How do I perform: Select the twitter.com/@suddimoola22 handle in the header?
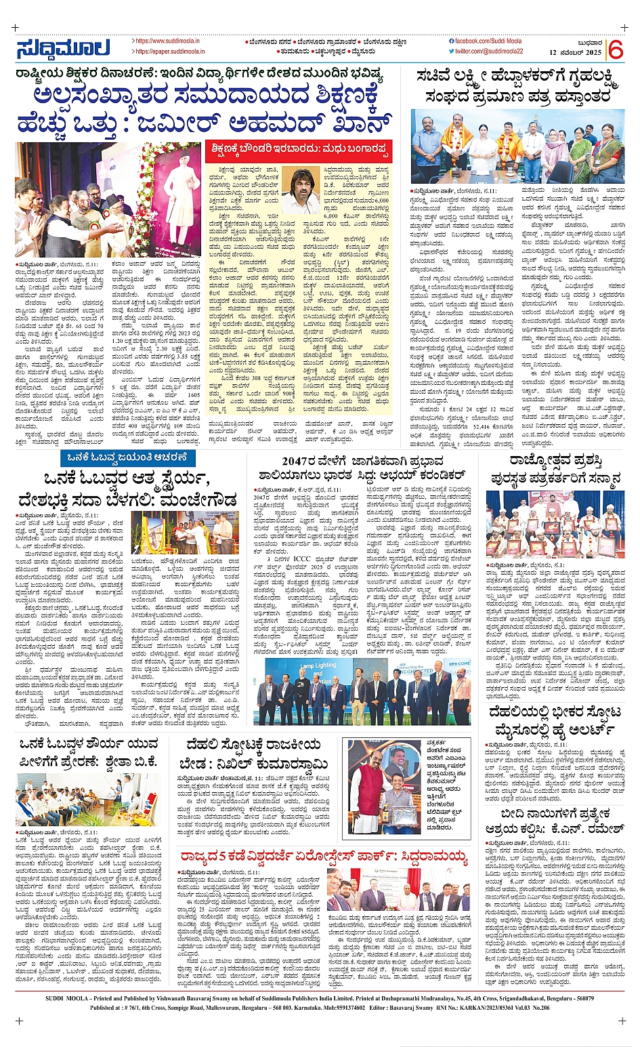[489, 52]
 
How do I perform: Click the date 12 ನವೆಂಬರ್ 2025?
[575, 53]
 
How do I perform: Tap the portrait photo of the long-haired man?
[300, 190]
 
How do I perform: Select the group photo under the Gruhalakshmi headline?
[517, 147]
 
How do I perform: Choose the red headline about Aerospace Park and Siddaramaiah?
[324, 858]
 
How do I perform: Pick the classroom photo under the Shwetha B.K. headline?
[88, 798]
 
